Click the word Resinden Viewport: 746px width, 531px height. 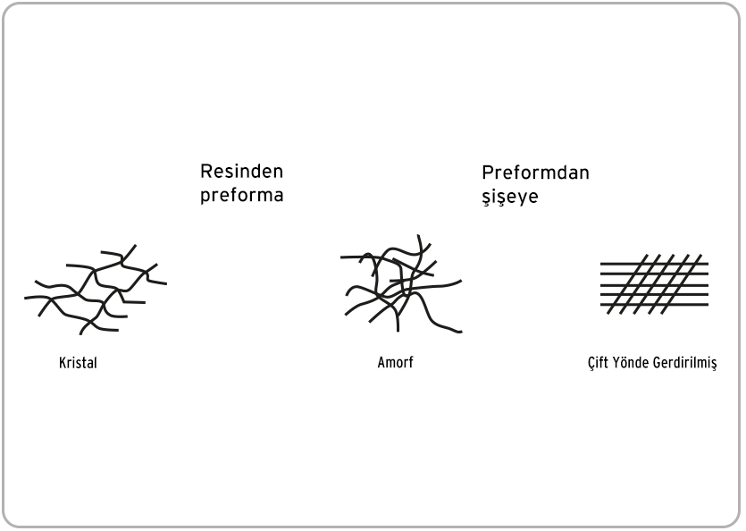click(242, 172)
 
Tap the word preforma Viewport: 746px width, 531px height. click(242, 196)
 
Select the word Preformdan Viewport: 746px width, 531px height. click(536, 173)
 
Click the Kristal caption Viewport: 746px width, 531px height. click(78, 363)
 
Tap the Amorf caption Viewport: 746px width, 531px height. click(396, 362)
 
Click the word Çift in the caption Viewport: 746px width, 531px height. click(598, 363)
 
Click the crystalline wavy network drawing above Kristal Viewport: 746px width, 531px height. click(96, 291)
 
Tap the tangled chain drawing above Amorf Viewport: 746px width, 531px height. click(401, 284)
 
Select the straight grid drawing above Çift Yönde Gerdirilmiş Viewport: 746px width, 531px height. click(654, 284)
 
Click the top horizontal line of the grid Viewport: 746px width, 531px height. click(654, 264)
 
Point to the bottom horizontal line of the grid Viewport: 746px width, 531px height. click(654, 304)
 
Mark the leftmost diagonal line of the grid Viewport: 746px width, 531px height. click(627, 284)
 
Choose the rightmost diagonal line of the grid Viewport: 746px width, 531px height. click(682, 284)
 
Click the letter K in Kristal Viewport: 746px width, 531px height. click(63, 363)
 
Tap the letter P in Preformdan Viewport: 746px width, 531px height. click(487, 173)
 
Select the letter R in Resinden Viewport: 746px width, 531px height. click(205, 172)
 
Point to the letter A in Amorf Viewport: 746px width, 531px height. click(382, 362)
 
